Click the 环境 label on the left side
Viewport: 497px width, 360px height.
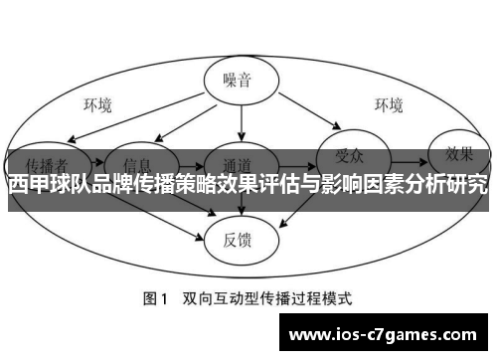click(96, 104)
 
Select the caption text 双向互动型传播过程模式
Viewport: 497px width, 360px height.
click(267, 297)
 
